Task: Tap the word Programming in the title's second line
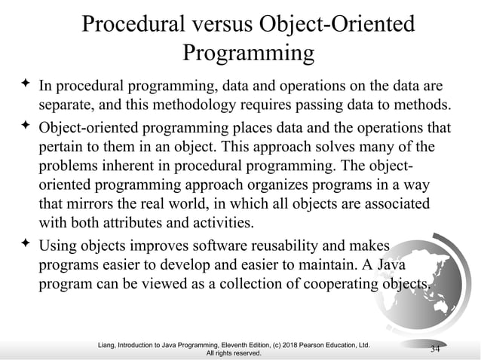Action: point(248,54)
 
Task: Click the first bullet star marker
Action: point(23,83)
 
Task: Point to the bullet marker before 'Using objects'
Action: point(23,244)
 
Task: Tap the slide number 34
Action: point(434,348)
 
